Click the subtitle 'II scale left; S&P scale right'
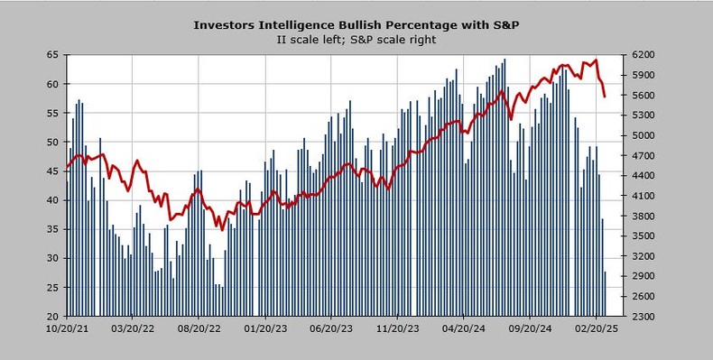tap(356, 39)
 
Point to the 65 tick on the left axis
tap(52, 55)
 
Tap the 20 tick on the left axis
tap(52, 316)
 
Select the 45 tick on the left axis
tap(52, 171)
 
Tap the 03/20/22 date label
tap(133, 329)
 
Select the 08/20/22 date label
tap(199, 329)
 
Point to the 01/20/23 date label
tap(265, 329)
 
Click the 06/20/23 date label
tap(331, 329)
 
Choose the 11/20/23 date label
tap(398, 329)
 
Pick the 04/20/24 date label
tap(464, 329)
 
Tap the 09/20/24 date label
tap(530, 329)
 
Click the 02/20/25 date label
tap(596, 329)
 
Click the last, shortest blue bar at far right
tap(605, 294)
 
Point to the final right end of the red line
tap(605, 96)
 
